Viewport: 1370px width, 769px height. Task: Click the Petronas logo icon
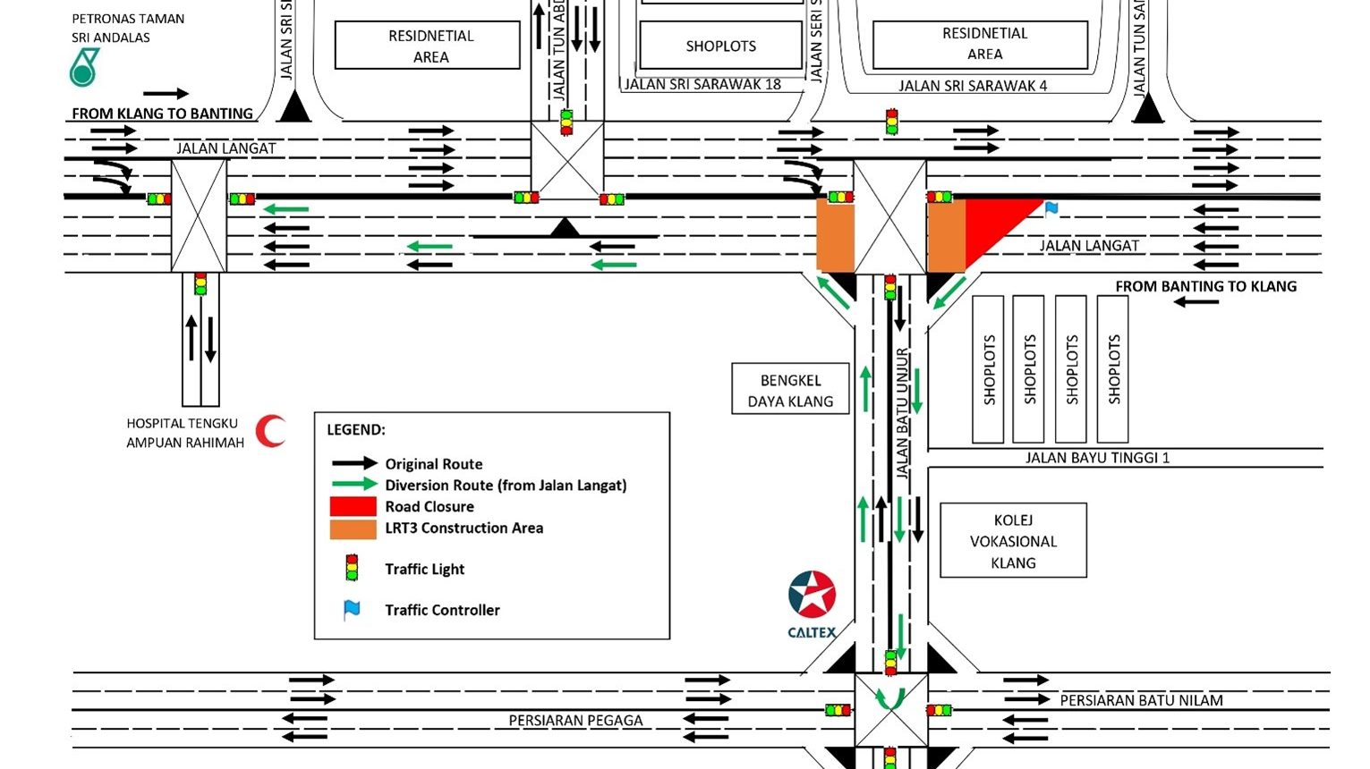pyautogui.click(x=83, y=68)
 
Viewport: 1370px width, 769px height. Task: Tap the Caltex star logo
pyautogui.click(x=812, y=595)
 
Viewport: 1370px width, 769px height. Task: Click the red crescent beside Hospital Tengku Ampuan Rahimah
pyautogui.click(x=269, y=431)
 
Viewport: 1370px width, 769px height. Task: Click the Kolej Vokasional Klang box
pyautogui.click(x=1013, y=541)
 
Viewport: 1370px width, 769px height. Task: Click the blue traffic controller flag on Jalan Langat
pyautogui.click(x=1051, y=209)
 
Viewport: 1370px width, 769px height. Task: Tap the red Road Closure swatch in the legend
pyautogui.click(x=353, y=506)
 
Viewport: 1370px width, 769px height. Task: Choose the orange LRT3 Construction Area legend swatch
pyautogui.click(x=353, y=528)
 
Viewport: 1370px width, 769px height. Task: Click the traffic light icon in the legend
pyautogui.click(x=353, y=568)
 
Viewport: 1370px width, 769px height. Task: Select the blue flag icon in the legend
pyautogui.click(x=353, y=610)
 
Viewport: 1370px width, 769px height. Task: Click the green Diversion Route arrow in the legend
pyautogui.click(x=354, y=485)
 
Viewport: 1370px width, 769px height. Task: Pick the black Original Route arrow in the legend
pyautogui.click(x=354, y=463)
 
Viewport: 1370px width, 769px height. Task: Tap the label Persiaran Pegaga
pyautogui.click(x=575, y=720)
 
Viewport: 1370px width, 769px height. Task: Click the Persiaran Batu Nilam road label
pyautogui.click(x=1141, y=700)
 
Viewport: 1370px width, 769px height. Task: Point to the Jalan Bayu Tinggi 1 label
pyautogui.click(x=1097, y=458)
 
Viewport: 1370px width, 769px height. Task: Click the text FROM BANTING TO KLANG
pyautogui.click(x=1205, y=286)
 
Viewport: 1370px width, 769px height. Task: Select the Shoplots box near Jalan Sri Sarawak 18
pyautogui.click(x=720, y=46)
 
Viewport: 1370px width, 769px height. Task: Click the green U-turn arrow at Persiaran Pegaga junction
pyautogui.click(x=890, y=699)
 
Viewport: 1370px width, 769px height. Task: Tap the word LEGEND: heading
pyautogui.click(x=356, y=429)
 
